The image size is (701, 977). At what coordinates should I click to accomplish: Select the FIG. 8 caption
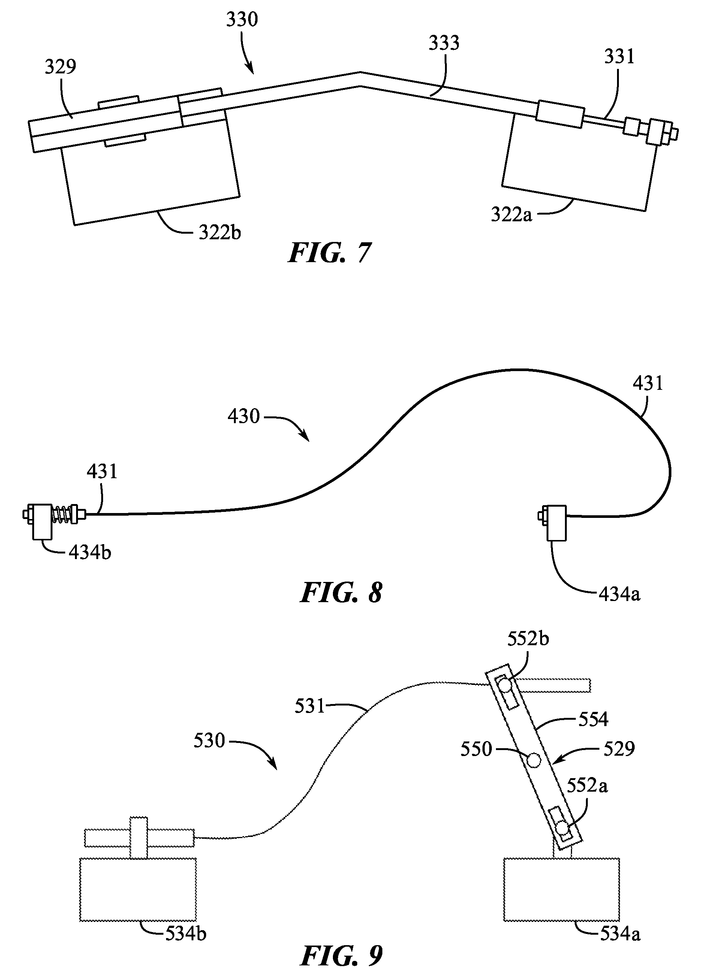(341, 593)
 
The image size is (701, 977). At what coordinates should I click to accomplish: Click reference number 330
(242, 20)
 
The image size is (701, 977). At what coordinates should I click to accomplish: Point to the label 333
(444, 43)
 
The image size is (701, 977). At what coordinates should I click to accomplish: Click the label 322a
(512, 215)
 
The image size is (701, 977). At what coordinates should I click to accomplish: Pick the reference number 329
(60, 67)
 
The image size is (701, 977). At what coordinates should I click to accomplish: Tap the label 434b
(90, 553)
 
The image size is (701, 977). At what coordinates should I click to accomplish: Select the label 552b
(528, 639)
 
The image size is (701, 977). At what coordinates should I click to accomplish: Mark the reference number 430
(244, 416)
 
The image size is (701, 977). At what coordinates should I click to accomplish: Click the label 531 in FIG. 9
(310, 706)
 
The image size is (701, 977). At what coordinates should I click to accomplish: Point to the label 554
(593, 719)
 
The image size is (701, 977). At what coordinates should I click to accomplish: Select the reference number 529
(619, 749)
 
